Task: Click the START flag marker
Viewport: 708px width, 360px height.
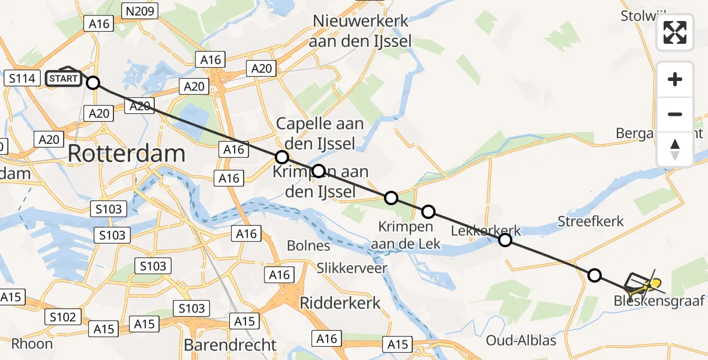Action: [x=64, y=78]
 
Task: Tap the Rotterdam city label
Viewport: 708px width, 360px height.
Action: [x=126, y=154]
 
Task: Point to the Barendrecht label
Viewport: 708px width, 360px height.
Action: [x=231, y=345]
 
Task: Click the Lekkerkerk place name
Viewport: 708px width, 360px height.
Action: [x=486, y=231]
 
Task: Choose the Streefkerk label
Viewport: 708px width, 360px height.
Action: [x=591, y=221]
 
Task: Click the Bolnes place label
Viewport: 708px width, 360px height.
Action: [x=308, y=245]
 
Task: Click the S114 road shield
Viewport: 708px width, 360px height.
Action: [x=22, y=78]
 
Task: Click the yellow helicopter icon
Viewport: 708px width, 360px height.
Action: [x=653, y=283]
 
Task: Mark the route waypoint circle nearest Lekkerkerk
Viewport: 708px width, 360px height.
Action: [x=505, y=240]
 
